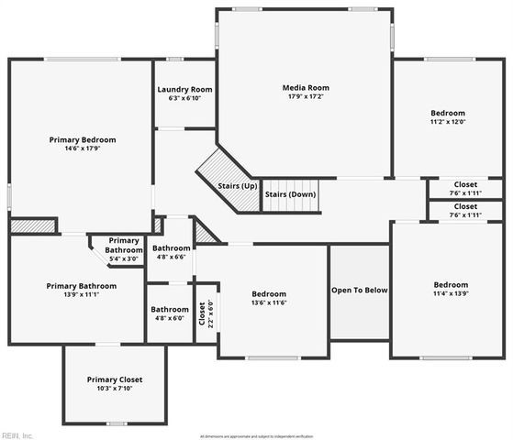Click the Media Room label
(x=305, y=86)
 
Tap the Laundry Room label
(x=184, y=90)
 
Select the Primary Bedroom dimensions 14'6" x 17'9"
(x=83, y=150)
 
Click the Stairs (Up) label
(x=237, y=186)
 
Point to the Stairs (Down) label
(x=290, y=194)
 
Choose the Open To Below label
(x=359, y=291)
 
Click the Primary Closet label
(x=115, y=379)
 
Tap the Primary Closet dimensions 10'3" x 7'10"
(x=115, y=389)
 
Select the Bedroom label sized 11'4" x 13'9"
(x=451, y=284)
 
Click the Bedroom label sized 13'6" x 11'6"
(x=269, y=293)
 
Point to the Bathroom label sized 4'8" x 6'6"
(x=172, y=248)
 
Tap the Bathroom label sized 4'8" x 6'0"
(x=170, y=309)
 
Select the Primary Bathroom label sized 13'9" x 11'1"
(x=81, y=286)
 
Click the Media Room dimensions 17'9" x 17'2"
(x=305, y=96)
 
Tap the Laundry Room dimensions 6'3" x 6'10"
(x=184, y=99)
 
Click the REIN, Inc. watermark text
(x=17, y=434)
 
